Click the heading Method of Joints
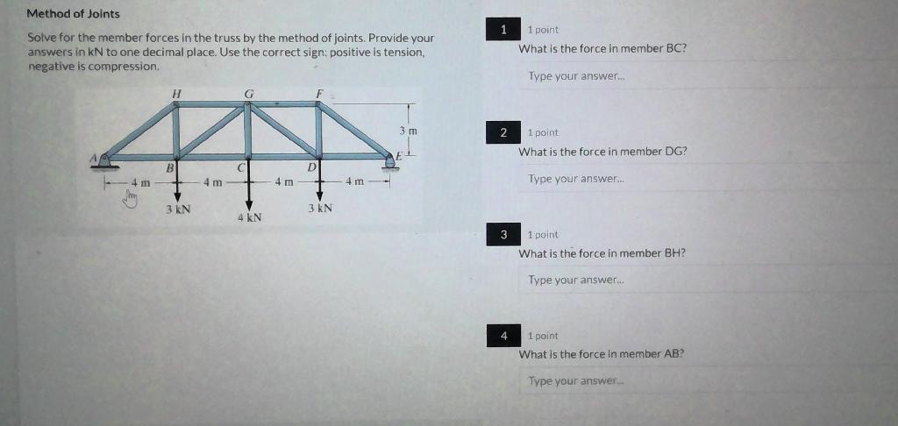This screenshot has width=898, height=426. point(74,14)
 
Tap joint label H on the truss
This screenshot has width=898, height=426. point(176,92)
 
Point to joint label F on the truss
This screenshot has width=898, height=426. point(319,92)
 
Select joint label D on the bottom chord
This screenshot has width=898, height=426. point(310,166)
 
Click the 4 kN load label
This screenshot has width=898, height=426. point(249,217)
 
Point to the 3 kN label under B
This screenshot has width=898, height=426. point(178,209)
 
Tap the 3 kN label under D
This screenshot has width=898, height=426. point(319,209)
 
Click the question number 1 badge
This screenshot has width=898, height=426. point(503,31)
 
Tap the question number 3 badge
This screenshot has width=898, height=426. point(503,235)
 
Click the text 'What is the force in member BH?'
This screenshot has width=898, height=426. point(602,253)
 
